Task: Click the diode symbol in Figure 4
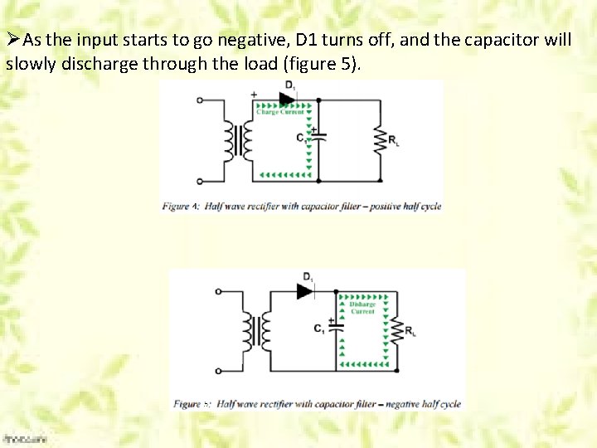(288, 99)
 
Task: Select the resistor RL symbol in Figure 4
(381, 139)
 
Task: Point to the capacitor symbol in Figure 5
(336, 325)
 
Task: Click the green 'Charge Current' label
(280, 112)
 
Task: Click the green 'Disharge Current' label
(362, 308)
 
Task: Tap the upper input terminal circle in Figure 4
(200, 100)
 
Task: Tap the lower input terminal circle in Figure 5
(218, 371)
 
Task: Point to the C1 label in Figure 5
(319, 329)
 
